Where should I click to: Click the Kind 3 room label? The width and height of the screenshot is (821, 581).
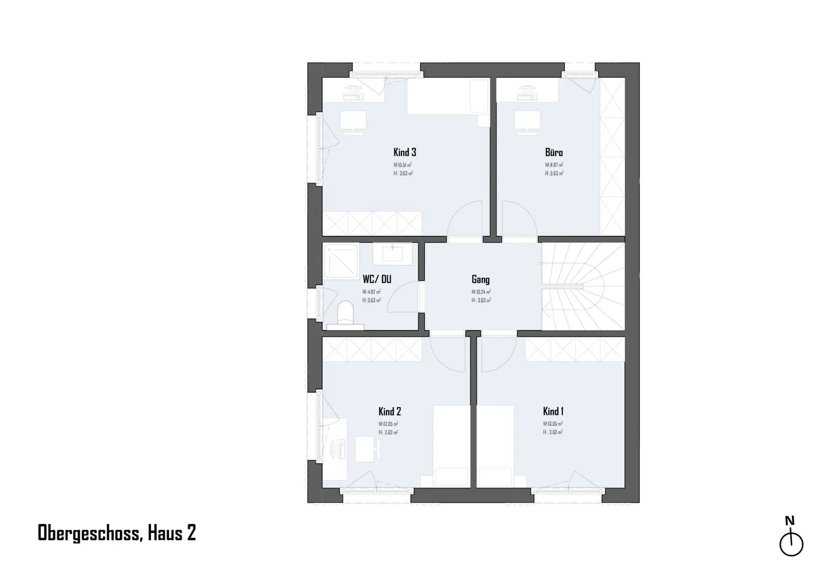click(x=405, y=152)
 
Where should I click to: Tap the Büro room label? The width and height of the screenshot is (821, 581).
click(x=554, y=152)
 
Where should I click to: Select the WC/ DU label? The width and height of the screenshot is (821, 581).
click(x=377, y=280)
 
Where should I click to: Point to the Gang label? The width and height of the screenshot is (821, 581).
click(x=481, y=280)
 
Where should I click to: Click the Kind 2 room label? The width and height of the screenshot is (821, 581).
click(x=390, y=411)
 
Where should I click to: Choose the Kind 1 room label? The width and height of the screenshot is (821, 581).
click(x=553, y=411)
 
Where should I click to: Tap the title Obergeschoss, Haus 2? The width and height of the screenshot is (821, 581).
click(x=117, y=533)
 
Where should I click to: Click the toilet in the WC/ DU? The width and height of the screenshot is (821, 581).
click(x=346, y=313)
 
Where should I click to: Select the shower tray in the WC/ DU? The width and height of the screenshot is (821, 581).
click(x=341, y=261)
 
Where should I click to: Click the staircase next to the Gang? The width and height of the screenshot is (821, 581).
click(x=582, y=285)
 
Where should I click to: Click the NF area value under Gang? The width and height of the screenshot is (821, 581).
click(x=481, y=292)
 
